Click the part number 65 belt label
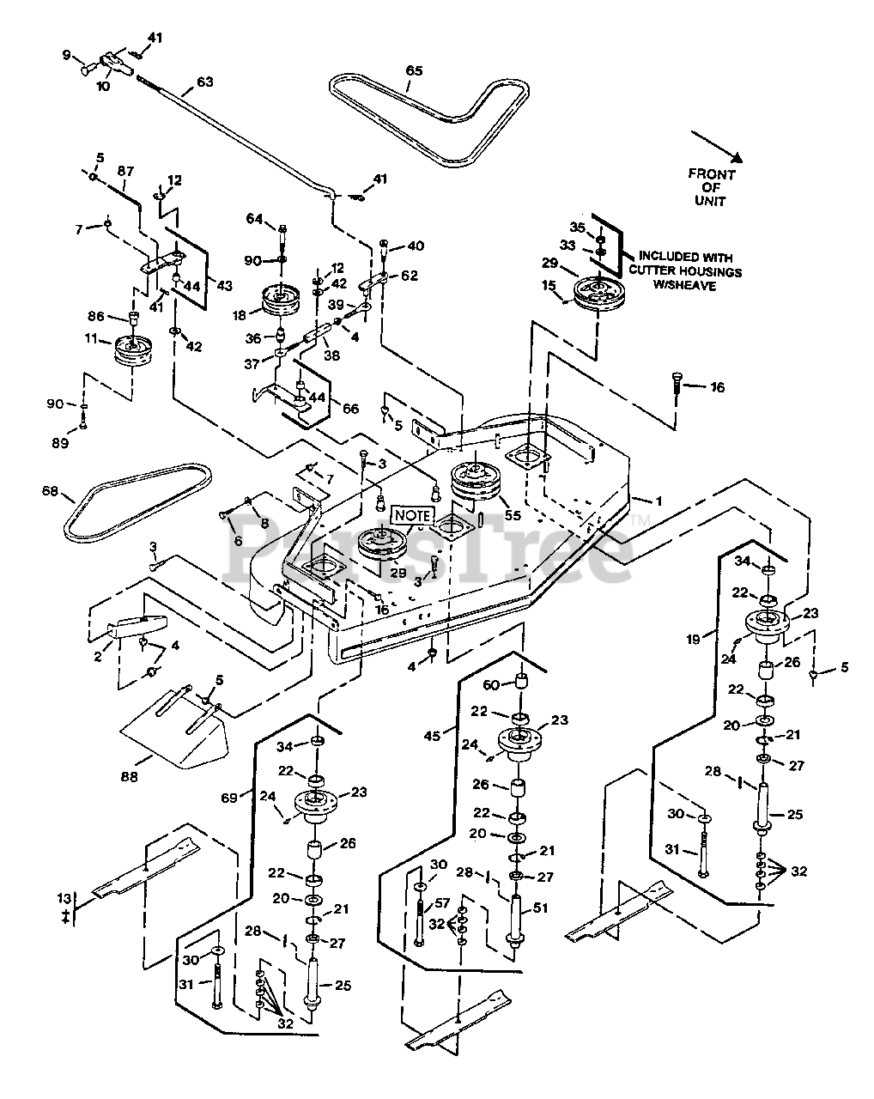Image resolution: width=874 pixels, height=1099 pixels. pos(414,71)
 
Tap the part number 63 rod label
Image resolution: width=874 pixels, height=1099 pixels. pos(204,82)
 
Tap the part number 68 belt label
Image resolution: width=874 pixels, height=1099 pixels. pos(50,491)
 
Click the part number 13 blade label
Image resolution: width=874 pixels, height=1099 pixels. pos(62,898)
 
